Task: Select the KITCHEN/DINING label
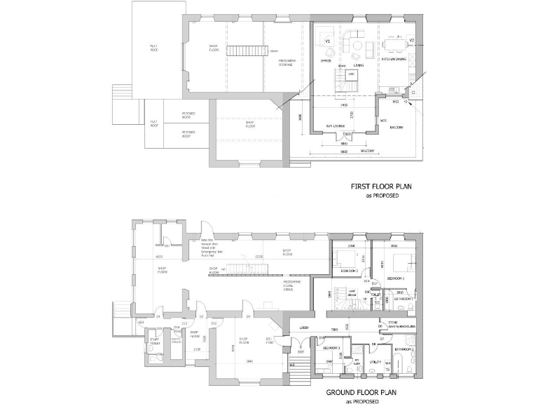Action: coord(394,60)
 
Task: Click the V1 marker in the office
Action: coord(327,42)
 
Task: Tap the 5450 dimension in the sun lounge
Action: coord(343,106)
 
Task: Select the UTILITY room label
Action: coord(375,362)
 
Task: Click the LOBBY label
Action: coord(304,328)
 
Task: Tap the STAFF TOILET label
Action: coord(154,342)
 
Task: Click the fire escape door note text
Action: coord(200,246)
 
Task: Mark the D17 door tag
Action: coord(375,283)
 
